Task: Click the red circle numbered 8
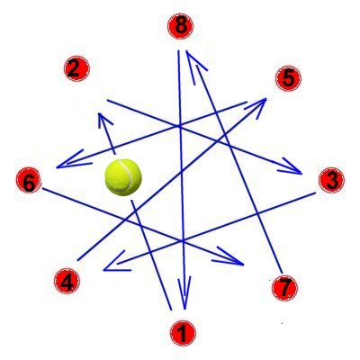click(x=180, y=26)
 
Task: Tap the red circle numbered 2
click(x=76, y=68)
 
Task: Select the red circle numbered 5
click(x=288, y=78)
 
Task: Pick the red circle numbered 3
click(x=331, y=180)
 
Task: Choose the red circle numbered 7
click(x=284, y=288)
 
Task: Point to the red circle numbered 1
click(x=183, y=333)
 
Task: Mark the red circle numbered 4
click(x=67, y=281)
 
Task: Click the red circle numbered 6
click(x=29, y=180)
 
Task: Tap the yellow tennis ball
click(x=123, y=177)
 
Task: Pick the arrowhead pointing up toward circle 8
click(x=194, y=65)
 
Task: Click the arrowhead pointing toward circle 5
click(x=258, y=105)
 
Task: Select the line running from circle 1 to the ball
click(x=151, y=255)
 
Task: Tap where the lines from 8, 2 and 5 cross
click(x=179, y=126)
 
